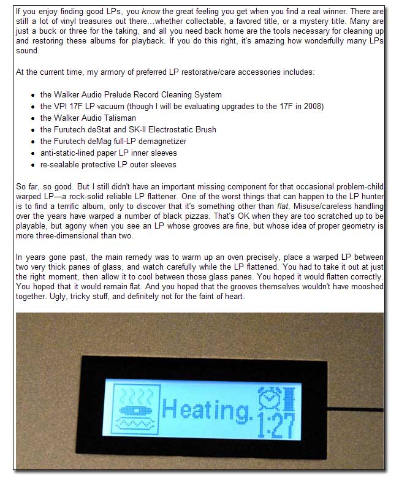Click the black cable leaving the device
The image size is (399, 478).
[362, 407]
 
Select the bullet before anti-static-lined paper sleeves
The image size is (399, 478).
[31, 153]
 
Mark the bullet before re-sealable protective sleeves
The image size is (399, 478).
[31, 165]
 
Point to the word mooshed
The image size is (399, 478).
[367, 287]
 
